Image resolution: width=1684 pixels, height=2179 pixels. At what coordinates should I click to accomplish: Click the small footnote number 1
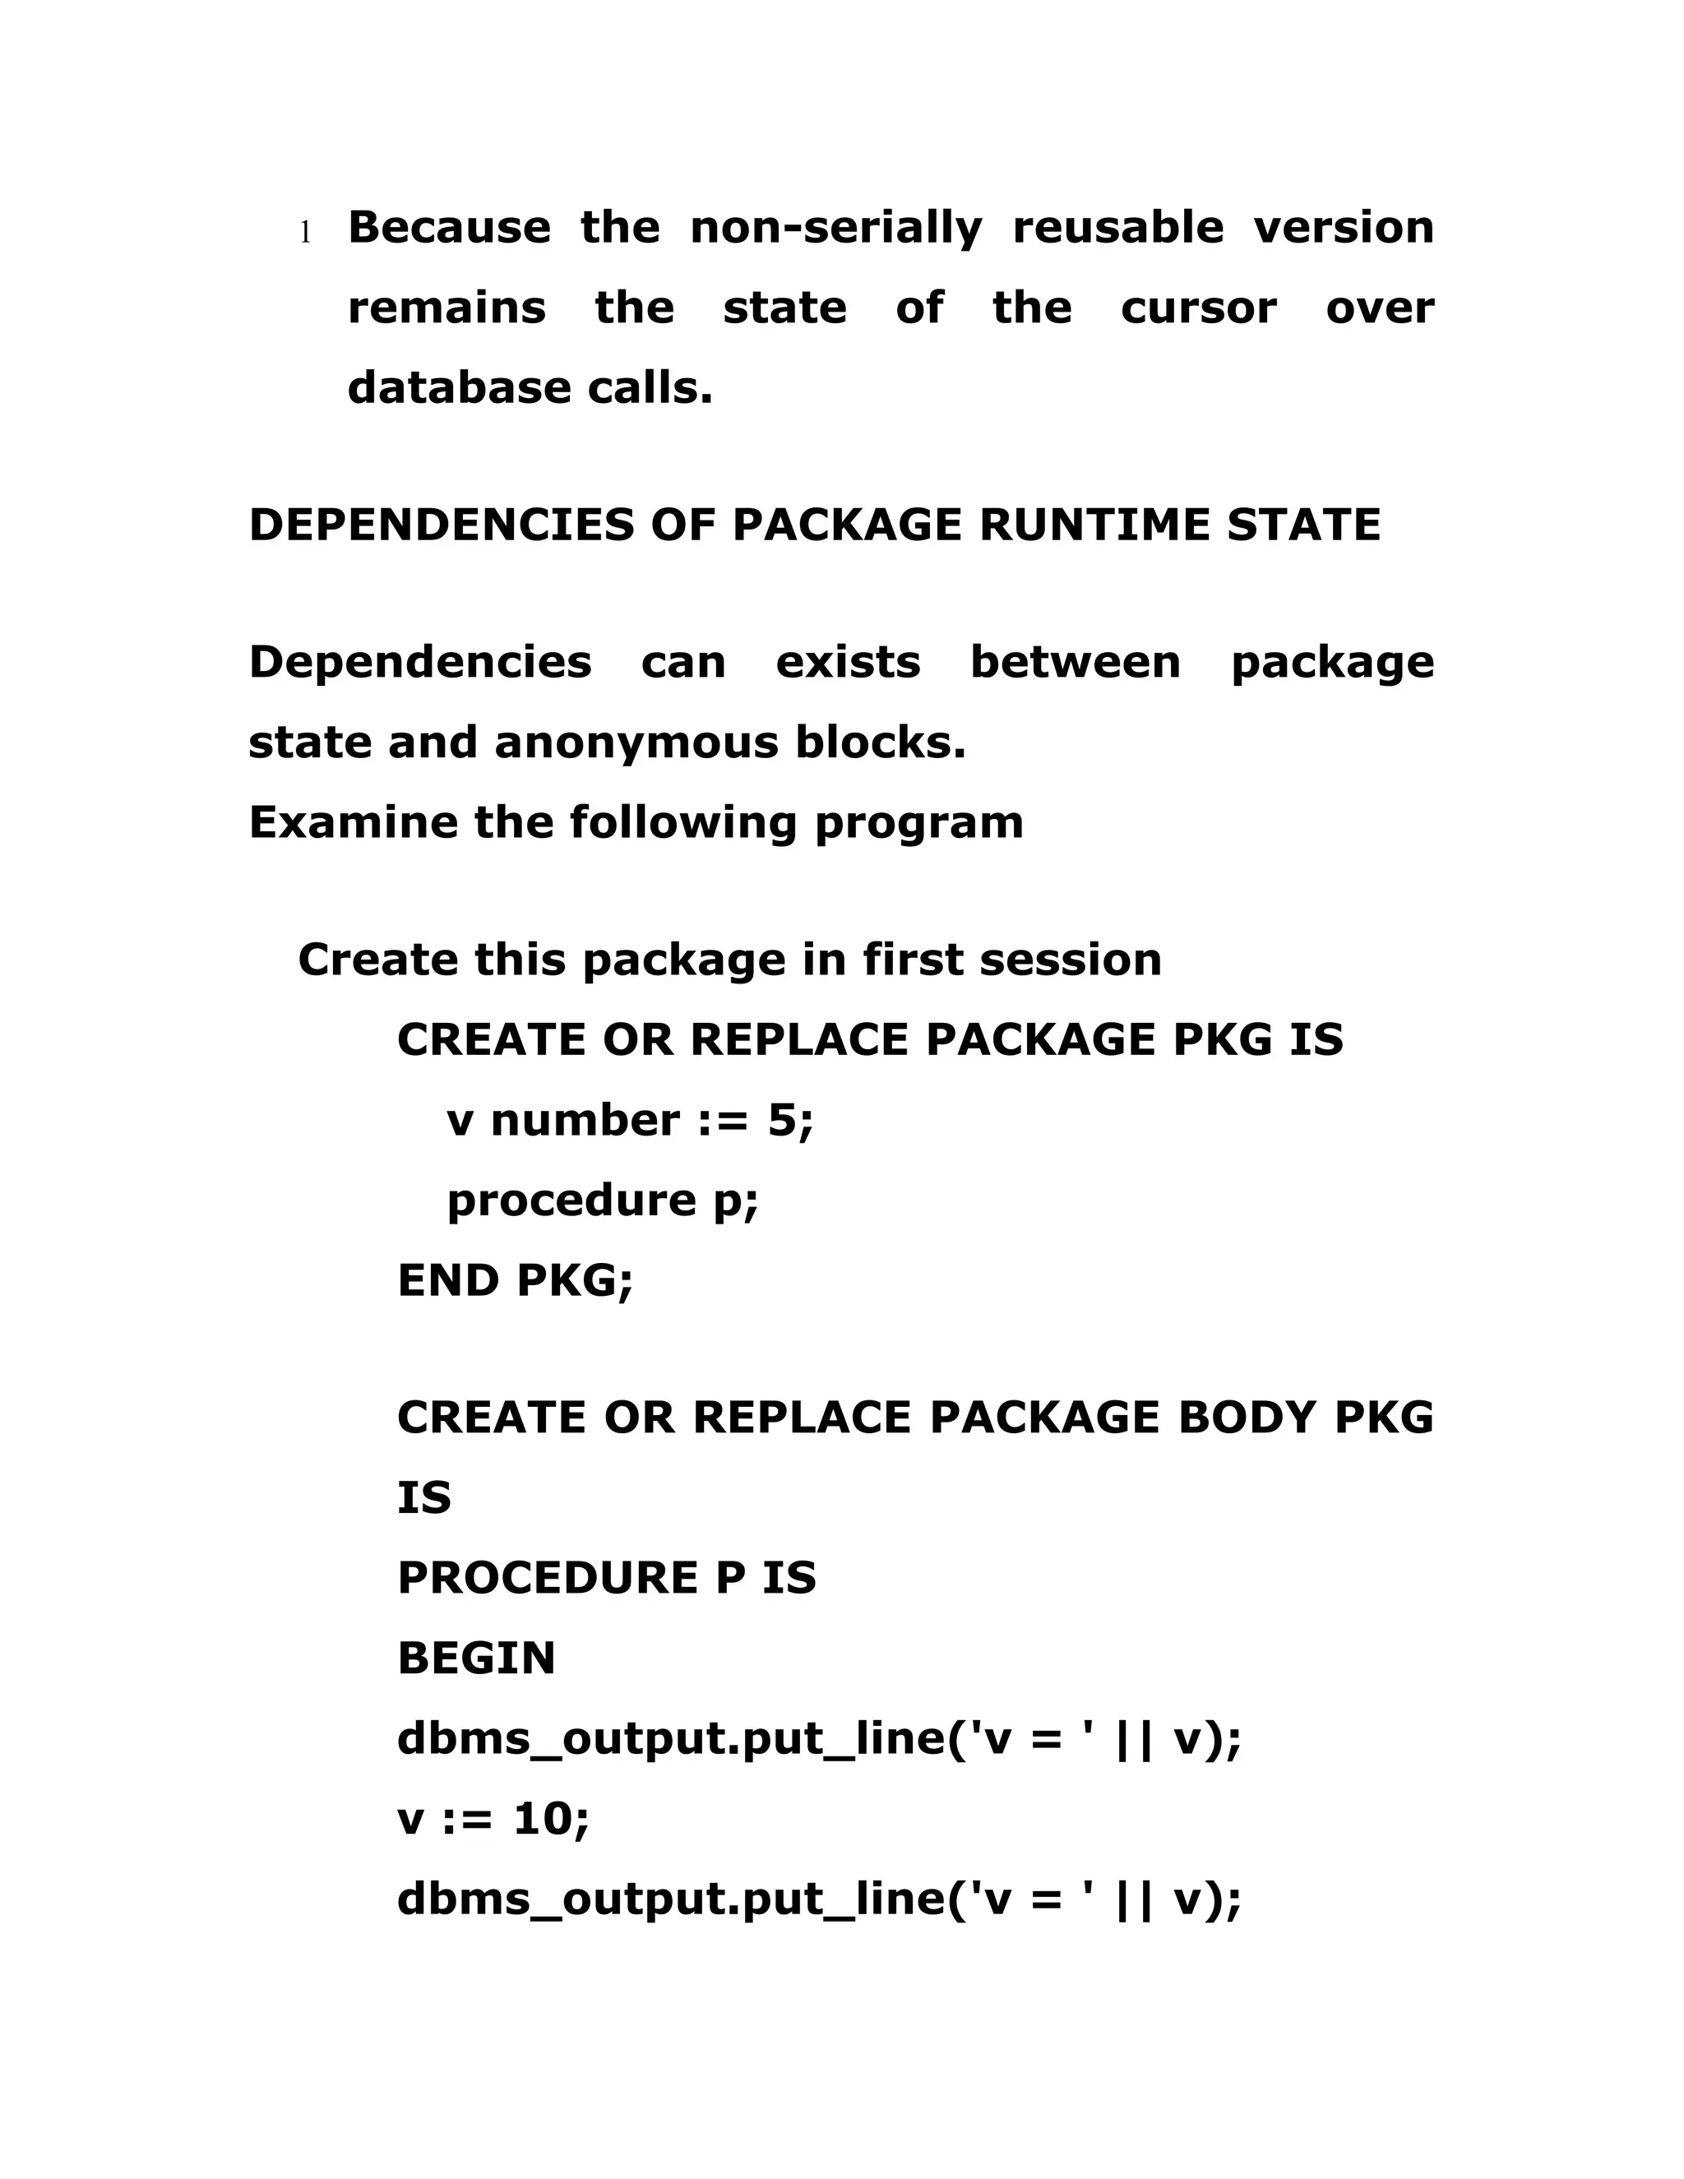[x=305, y=234]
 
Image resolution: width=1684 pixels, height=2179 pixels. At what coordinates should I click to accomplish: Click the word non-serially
[x=836, y=228]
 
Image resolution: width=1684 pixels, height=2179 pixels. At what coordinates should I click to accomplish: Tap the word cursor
[x=1198, y=308]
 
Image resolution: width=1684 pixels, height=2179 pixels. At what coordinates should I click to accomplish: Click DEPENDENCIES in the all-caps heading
[x=441, y=525]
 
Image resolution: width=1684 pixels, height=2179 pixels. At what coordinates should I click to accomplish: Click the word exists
[x=848, y=663]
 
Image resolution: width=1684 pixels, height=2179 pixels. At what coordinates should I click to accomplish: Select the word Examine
[x=352, y=823]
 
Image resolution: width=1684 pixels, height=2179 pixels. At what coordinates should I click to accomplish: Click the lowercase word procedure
[x=571, y=1201]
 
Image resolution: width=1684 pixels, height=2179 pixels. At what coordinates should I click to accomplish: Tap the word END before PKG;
[x=447, y=1280]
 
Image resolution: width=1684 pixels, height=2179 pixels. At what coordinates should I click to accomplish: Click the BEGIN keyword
[x=476, y=1659]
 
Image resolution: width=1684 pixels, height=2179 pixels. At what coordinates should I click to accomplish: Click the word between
[x=1076, y=663]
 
